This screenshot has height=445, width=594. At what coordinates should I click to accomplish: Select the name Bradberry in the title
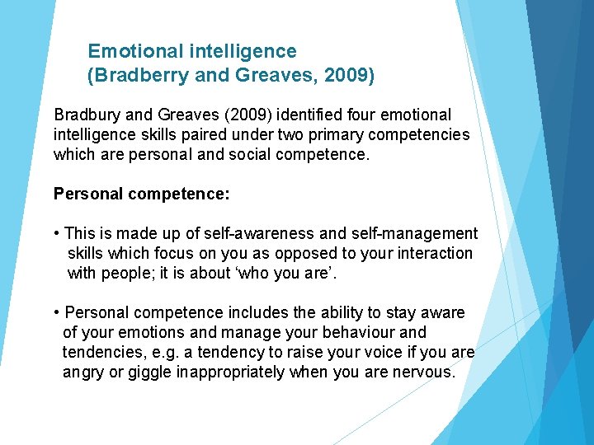coord(134,76)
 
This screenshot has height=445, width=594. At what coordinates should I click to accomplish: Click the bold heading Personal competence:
coord(141,194)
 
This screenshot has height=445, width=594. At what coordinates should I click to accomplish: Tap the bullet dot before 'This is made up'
coord(57,234)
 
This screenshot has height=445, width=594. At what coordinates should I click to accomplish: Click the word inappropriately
coord(231,372)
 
